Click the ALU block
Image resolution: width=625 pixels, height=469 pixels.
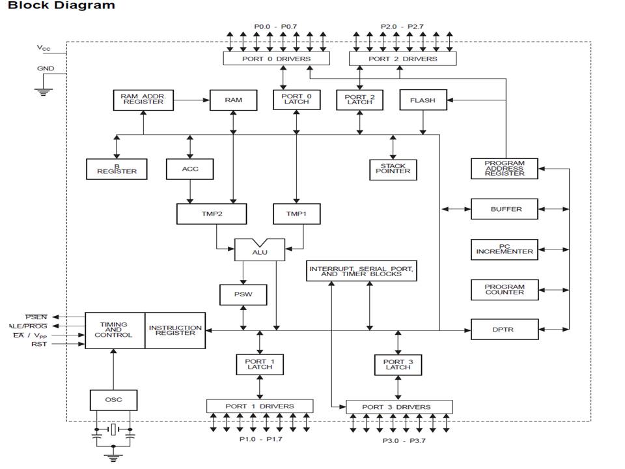pyautogui.click(x=260, y=249)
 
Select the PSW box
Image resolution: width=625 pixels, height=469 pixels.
pyautogui.click(x=243, y=294)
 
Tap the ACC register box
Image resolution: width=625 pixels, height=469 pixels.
pyautogui.click(x=189, y=169)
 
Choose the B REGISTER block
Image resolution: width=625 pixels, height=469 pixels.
pyautogui.click(x=117, y=169)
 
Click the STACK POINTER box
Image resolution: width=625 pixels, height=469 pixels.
pyautogui.click(x=393, y=169)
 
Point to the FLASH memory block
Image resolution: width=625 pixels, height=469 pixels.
pyautogui.click(x=423, y=100)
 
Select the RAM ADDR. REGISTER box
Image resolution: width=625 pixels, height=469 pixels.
pyautogui.click(x=143, y=100)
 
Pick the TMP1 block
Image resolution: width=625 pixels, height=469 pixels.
pyautogui.click(x=297, y=214)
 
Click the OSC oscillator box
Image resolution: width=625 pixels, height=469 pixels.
pyautogui.click(x=113, y=400)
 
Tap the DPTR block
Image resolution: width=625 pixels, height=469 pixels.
pyautogui.click(x=505, y=330)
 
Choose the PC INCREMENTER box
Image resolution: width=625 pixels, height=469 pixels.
pyautogui.click(x=505, y=249)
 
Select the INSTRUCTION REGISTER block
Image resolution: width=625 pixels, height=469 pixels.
pyautogui.click(x=175, y=331)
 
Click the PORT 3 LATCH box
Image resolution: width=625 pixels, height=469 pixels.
pyautogui.click(x=398, y=365)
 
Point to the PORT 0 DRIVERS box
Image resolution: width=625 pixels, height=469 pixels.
pyautogui.click(x=276, y=59)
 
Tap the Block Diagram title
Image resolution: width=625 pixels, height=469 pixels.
pyautogui.click(x=61, y=6)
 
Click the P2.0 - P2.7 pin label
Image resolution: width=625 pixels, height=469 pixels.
pyautogui.click(x=402, y=27)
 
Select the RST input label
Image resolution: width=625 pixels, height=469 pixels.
pyautogui.click(x=39, y=344)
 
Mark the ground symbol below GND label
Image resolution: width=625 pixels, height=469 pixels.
pyautogui.click(x=44, y=91)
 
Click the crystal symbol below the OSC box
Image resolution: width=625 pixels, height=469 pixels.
pyautogui.click(x=113, y=429)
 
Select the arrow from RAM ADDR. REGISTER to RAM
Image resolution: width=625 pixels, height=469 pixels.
pyautogui.click(x=191, y=100)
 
